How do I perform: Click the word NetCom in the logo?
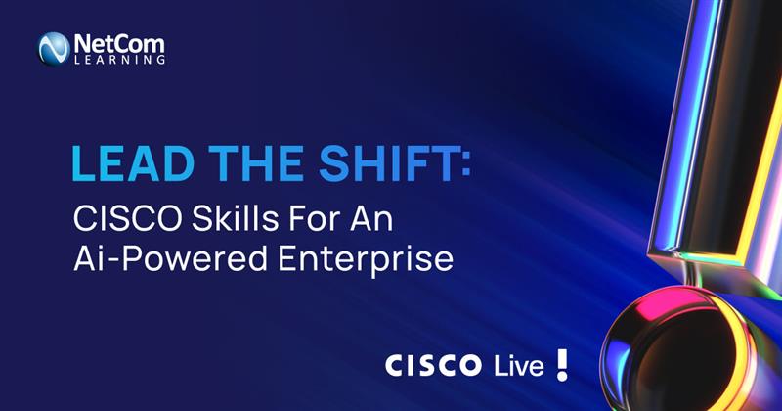tap(117, 42)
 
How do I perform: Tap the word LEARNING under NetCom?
tap(118, 60)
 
